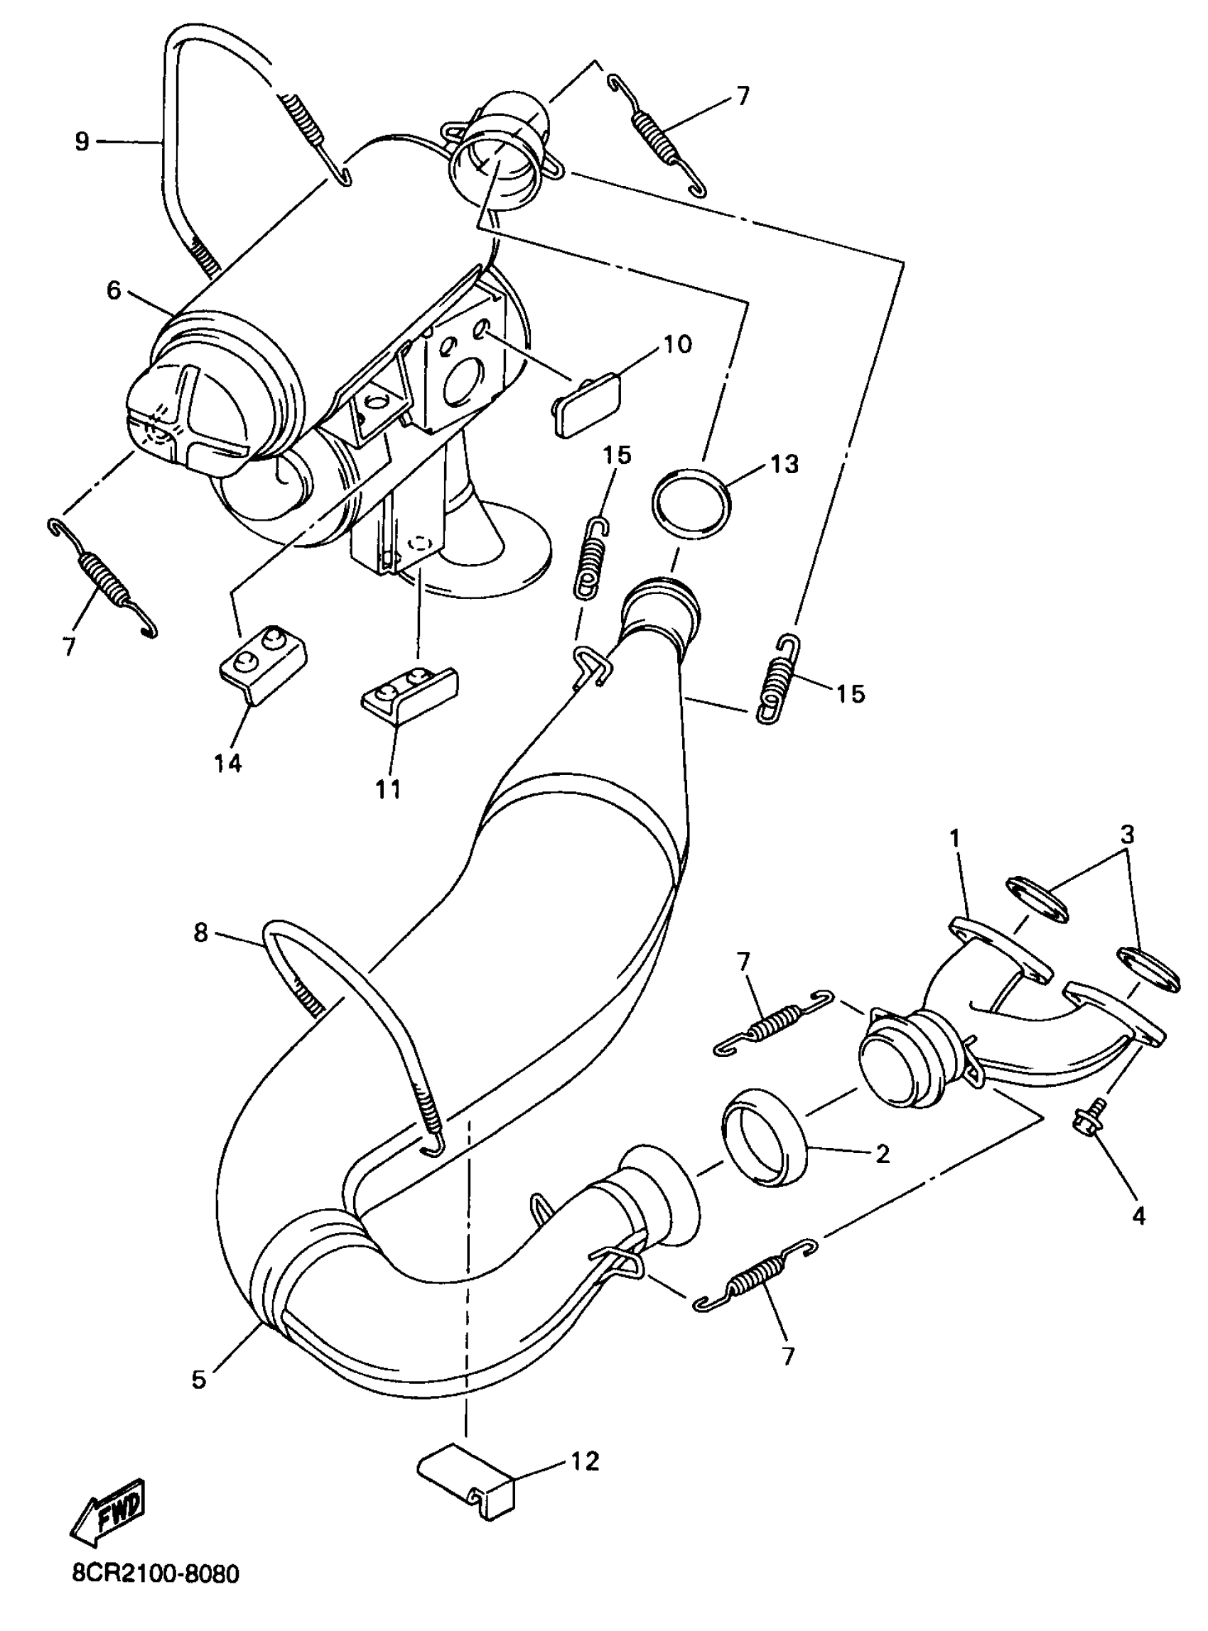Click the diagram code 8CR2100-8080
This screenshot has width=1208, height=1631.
[155, 1595]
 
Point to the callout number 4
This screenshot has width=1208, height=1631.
[1138, 1215]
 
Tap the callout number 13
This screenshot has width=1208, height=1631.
[784, 463]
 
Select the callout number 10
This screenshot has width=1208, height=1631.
[677, 344]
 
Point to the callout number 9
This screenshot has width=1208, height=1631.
[81, 141]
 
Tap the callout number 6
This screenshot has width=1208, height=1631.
[114, 291]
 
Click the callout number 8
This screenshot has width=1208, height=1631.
[200, 933]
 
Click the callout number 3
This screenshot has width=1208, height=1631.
[1128, 833]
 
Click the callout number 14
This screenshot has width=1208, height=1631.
[227, 764]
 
